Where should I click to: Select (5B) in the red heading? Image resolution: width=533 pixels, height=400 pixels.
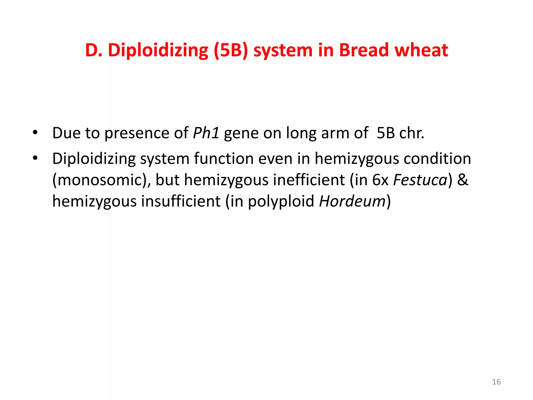(x=230, y=50)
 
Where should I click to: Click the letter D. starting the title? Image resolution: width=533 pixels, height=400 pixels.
(x=93, y=50)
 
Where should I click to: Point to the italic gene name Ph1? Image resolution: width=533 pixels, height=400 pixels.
(x=206, y=133)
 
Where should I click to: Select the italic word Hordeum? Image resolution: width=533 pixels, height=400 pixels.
(x=352, y=201)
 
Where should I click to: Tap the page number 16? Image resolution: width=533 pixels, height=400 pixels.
(x=496, y=382)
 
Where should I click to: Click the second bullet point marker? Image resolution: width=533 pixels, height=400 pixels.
(x=35, y=158)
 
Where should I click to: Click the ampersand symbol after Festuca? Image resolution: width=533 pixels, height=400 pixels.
(x=462, y=180)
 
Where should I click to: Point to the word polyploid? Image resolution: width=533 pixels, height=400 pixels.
(x=281, y=201)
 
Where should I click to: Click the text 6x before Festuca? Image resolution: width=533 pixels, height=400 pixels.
(x=380, y=180)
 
